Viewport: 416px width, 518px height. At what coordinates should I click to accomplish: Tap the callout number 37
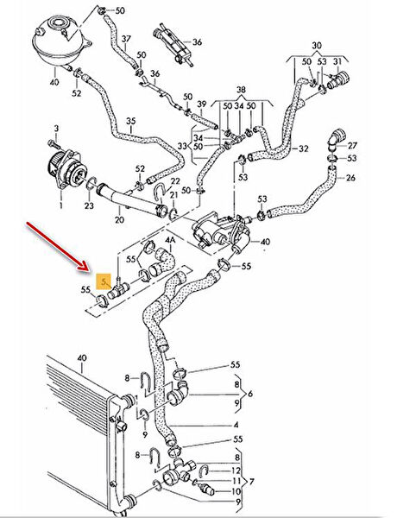[126, 39]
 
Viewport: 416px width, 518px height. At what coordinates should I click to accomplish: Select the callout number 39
[202, 104]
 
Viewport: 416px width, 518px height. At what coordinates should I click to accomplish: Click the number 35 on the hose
[131, 121]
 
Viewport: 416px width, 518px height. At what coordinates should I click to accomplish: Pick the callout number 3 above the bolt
[56, 128]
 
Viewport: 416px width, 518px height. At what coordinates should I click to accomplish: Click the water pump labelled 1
[67, 168]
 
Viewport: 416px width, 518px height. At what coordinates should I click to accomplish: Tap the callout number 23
[89, 205]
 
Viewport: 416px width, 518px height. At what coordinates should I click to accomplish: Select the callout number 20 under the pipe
[119, 219]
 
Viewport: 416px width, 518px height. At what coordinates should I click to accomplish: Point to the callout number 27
[352, 145]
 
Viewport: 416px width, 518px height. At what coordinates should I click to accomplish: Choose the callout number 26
[350, 178]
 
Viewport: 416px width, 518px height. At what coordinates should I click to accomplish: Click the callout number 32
[304, 148]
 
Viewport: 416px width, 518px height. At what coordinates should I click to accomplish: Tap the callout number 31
[337, 61]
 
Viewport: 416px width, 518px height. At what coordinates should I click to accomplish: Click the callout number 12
[236, 471]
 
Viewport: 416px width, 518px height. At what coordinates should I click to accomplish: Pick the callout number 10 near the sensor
[236, 491]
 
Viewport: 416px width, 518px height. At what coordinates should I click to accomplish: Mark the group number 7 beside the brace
[251, 482]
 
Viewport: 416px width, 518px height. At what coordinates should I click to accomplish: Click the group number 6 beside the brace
[250, 394]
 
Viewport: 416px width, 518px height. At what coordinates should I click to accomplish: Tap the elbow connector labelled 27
[336, 138]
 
